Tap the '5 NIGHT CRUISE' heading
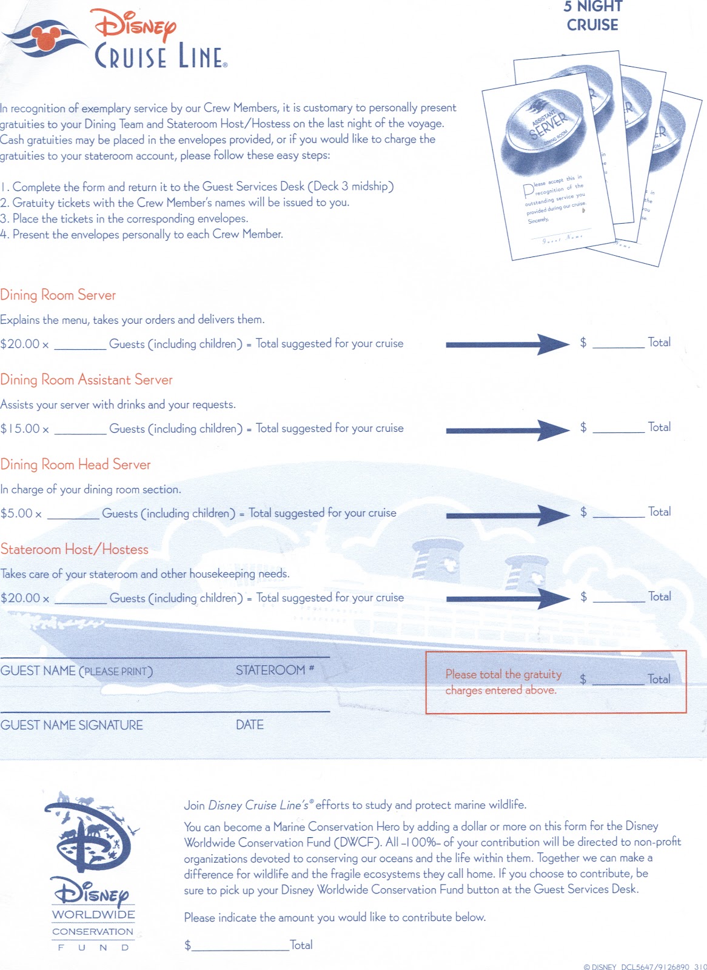(592, 16)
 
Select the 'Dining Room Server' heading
(58, 295)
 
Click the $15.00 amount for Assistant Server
(20, 429)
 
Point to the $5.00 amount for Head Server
(16, 513)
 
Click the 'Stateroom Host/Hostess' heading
(74, 549)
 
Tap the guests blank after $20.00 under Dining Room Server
(80, 344)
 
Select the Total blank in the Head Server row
(618, 513)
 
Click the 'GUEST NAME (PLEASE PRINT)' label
(76, 671)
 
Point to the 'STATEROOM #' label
(275, 670)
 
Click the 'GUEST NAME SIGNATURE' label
(72, 725)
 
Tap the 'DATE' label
(249, 725)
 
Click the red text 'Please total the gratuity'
(503, 674)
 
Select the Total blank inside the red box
(618, 680)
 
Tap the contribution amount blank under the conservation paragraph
(240, 945)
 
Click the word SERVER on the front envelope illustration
(548, 125)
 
